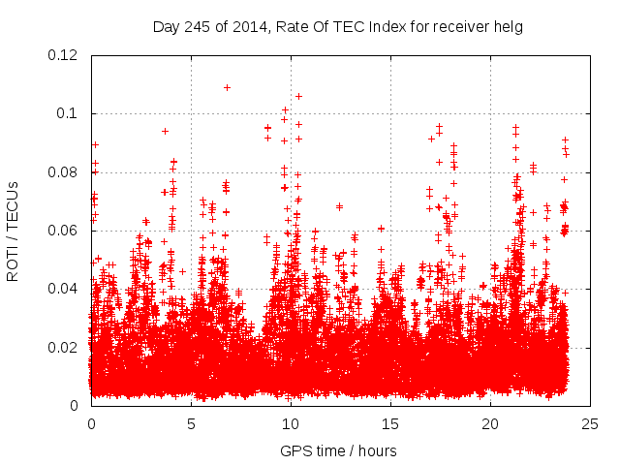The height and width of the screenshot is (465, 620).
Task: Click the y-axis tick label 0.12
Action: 63,55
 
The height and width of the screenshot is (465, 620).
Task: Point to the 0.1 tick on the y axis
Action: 68,114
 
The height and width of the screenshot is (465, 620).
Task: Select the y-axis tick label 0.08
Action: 63,172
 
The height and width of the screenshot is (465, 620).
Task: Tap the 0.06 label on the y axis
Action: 63,231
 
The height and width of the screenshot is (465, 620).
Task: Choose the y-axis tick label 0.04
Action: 63,289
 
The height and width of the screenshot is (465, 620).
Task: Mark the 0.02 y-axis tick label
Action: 63,347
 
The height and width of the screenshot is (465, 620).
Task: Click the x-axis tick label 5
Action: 191,423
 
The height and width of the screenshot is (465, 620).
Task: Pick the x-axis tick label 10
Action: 291,423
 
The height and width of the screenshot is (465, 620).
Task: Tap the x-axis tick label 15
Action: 390,423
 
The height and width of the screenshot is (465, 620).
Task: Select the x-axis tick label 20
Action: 490,423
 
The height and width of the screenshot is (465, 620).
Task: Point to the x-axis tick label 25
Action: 590,423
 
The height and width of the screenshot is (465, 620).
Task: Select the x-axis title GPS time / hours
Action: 338,450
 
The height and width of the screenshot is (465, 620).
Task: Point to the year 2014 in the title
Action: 247,26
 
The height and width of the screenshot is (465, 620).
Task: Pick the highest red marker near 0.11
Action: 227,87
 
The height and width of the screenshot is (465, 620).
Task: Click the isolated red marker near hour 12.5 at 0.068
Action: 339,205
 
